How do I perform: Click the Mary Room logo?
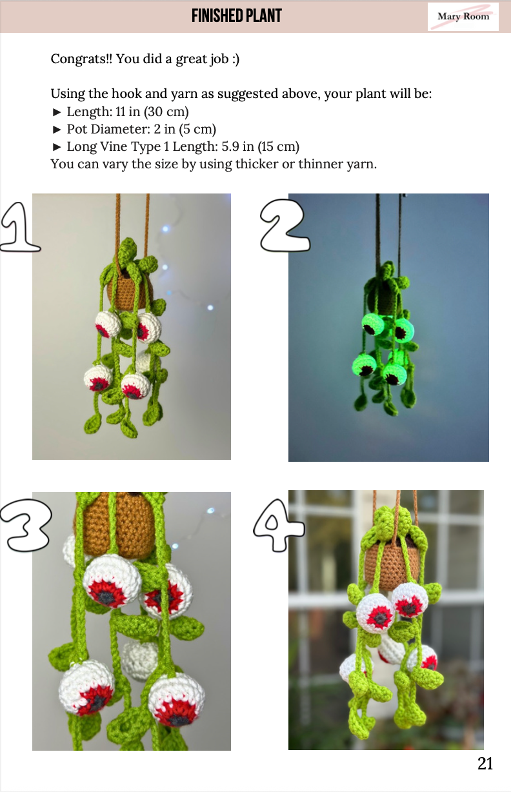click(x=463, y=17)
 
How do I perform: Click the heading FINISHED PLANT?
click(x=237, y=16)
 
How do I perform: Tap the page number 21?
click(x=485, y=764)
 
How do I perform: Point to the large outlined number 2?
click(x=285, y=225)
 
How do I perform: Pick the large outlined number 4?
click(x=278, y=525)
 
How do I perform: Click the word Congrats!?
click(x=81, y=58)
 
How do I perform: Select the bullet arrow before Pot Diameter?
click(x=57, y=130)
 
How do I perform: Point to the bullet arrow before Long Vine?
click(x=57, y=147)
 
